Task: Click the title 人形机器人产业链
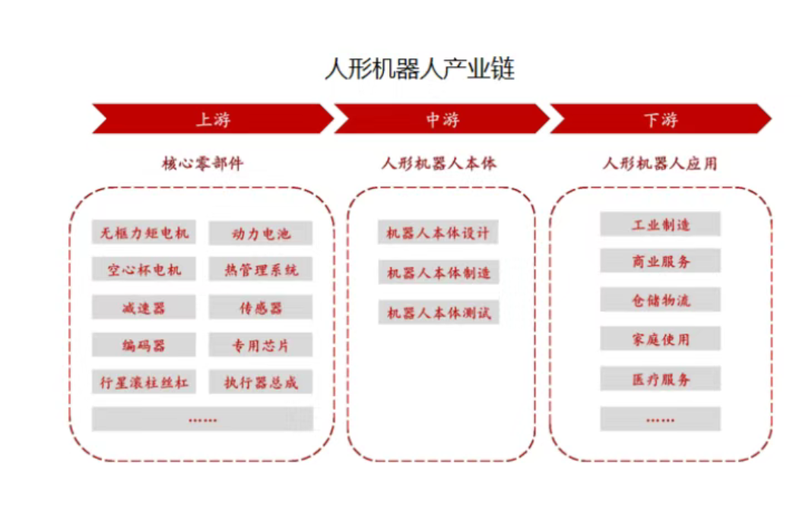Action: click(x=420, y=69)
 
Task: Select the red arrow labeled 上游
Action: click(x=213, y=119)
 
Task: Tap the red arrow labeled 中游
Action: click(x=442, y=119)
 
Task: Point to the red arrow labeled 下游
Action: click(x=661, y=119)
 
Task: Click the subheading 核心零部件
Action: click(x=202, y=163)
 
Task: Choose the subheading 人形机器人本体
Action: click(x=439, y=163)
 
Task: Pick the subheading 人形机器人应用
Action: click(x=660, y=163)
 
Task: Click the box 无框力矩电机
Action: click(x=144, y=232)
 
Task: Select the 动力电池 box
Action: click(x=261, y=233)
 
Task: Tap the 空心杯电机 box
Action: click(x=144, y=269)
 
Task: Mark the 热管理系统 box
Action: click(x=261, y=269)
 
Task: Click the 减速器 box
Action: click(x=144, y=307)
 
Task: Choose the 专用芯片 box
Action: click(x=261, y=344)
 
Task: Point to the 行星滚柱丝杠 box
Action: click(x=144, y=381)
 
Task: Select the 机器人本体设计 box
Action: click(x=438, y=232)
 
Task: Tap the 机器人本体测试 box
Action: click(x=439, y=312)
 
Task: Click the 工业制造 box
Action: click(x=660, y=224)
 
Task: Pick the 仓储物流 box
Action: click(x=660, y=299)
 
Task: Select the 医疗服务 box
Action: click(x=660, y=378)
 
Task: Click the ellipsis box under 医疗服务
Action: click(x=660, y=419)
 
